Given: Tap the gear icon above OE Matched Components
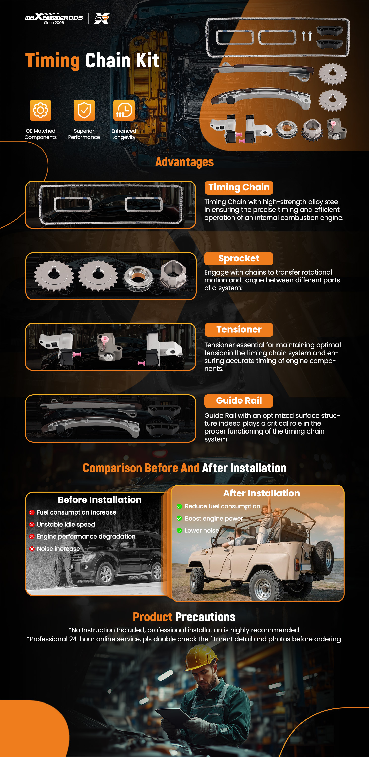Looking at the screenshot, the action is click(41, 110).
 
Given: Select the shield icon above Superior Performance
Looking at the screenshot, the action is click(84, 110).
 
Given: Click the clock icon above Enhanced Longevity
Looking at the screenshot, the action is click(124, 110).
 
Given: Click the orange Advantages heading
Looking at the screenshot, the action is click(184, 162).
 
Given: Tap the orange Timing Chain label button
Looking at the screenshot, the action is click(239, 187).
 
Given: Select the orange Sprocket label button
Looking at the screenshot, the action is click(239, 259).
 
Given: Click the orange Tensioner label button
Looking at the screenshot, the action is click(239, 330).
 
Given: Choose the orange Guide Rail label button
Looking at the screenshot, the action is click(239, 401).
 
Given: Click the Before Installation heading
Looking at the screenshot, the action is click(100, 500).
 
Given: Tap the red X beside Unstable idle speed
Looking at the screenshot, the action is click(32, 525).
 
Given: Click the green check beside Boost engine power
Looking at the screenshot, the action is click(179, 518).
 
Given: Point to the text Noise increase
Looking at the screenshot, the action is click(58, 549).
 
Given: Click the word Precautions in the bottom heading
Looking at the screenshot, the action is click(205, 617).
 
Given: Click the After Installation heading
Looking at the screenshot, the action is click(262, 493).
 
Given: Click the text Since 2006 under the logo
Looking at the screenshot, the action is click(54, 23).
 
